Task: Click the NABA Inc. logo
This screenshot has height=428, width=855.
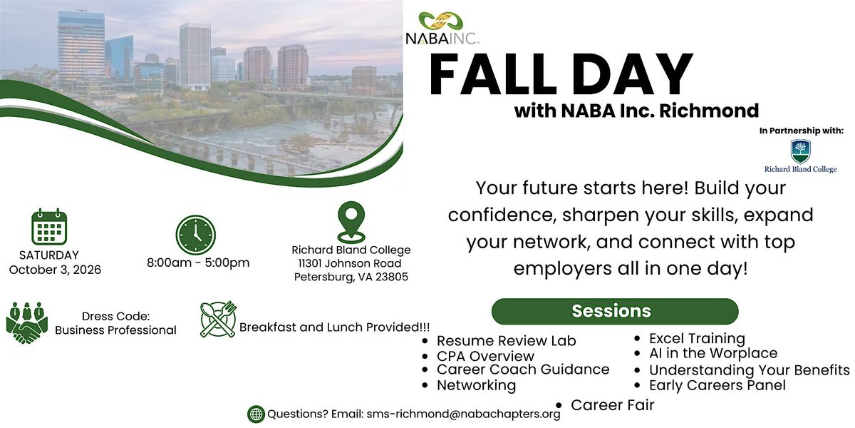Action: click(442, 29)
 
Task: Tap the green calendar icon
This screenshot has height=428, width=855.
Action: click(49, 227)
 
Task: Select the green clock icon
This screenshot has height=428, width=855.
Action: click(195, 235)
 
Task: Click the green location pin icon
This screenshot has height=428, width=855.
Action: click(351, 222)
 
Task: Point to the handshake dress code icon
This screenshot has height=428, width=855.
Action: click(27, 323)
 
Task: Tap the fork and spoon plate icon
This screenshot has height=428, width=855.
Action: click(218, 319)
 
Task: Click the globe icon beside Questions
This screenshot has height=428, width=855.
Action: click(256, 414)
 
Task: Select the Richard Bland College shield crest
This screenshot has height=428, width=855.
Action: click(800, 151)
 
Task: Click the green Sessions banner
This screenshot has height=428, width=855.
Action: click(614, 311)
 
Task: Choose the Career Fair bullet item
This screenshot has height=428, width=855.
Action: click(612, 405)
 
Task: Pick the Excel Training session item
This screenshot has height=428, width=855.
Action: click(697, 339)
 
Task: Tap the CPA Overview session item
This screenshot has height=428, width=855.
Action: click(485, 356)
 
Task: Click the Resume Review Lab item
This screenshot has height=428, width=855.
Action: click(506, 340)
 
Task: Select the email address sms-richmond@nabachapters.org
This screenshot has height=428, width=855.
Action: click(463, 414)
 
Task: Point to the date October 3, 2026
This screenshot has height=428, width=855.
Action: click(55, 270)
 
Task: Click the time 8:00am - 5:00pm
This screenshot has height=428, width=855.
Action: click(198, 263)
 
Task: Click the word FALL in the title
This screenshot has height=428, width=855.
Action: click(493, 74)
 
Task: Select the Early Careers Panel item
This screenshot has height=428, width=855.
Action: click(717, 385)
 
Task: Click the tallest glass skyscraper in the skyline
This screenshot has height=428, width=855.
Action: click(81, 50)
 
